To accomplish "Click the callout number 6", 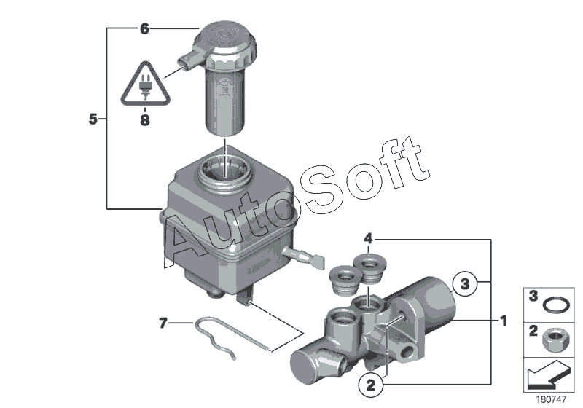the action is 144,29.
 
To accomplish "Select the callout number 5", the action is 93,119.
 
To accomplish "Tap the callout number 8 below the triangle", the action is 145,121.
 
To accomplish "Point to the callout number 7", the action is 163,321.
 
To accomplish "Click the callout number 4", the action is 369,238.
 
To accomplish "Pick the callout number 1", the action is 503,320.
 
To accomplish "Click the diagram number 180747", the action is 552,399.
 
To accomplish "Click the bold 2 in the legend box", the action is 533,331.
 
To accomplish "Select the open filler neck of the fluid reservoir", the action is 227,172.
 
